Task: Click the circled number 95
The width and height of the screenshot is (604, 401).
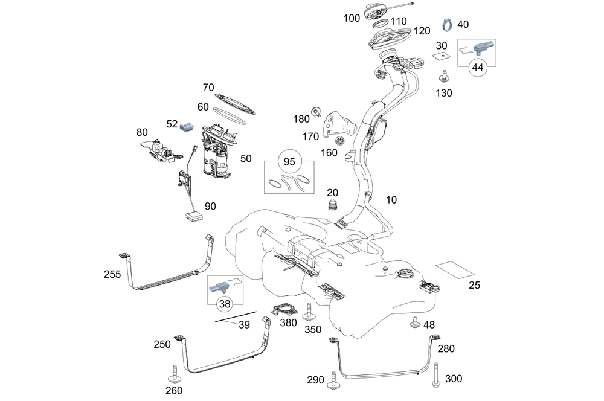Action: (x=289, y=162)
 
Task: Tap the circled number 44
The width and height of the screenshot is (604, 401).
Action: (x=478, y=68)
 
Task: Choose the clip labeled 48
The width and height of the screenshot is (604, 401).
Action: (x=414, y=322)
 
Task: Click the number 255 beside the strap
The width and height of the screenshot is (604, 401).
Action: (x=112, y=274)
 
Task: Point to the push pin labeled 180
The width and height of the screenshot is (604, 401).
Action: (x=315, y=111)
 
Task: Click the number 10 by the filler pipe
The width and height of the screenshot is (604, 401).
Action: (x=392, y=200)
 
